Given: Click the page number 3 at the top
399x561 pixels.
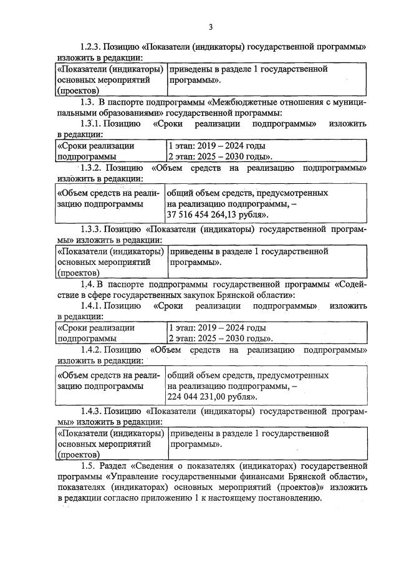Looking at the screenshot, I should [x=211, y=26].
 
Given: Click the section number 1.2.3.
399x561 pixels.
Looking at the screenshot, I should [x=90, y=47].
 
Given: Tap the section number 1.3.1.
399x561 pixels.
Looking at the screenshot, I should [x=91, y=123].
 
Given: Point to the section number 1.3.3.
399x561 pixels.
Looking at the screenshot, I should [x=91, y=229].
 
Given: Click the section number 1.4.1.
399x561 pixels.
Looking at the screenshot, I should [x=91, y=306].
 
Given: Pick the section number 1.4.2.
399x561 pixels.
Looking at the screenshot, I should [x=91, y=350].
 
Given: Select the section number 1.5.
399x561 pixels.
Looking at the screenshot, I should [x=88, y=466].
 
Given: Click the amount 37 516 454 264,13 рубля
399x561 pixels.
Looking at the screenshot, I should [x=217, y=214].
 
